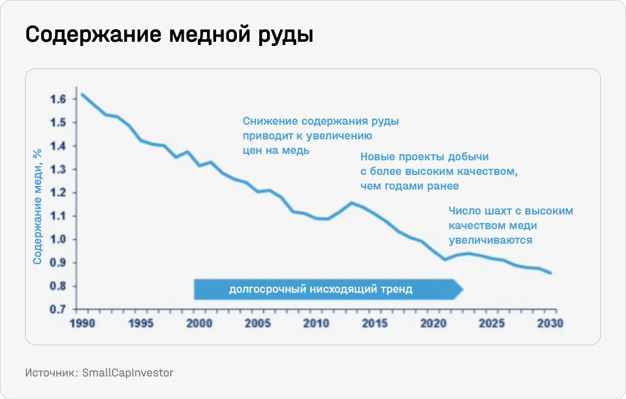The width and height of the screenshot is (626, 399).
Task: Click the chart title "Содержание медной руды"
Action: coord(170,35)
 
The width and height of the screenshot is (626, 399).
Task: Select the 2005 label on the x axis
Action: coord(258,323)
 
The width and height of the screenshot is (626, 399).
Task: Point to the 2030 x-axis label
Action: coord(550,323)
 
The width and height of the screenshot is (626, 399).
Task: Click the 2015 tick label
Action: coord(375,323)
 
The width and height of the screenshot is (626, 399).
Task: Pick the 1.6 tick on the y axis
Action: coord(58,99)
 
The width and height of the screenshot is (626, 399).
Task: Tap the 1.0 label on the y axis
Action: coord(58,239)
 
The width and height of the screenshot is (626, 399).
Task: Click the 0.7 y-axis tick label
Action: coord(58,309)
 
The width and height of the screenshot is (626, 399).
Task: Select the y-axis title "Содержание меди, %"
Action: coord(37,205)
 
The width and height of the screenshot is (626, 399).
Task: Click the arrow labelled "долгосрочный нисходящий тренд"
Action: coord(321,289)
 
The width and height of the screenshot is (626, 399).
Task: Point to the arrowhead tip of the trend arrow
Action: coord(462,289)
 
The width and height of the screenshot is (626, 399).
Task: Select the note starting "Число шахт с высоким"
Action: coord(511,226)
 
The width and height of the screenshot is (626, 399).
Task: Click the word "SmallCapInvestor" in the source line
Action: coord(128,373)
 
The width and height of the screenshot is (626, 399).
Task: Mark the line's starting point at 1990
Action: coord(82,95)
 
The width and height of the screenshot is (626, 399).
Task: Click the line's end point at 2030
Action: coord(550,273)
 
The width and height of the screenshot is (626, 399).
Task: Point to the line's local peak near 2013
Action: coord(352,203)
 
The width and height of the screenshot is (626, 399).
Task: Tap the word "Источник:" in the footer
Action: coord(51,373)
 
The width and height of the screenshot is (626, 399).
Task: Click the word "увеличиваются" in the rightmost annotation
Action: coord(490,240)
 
